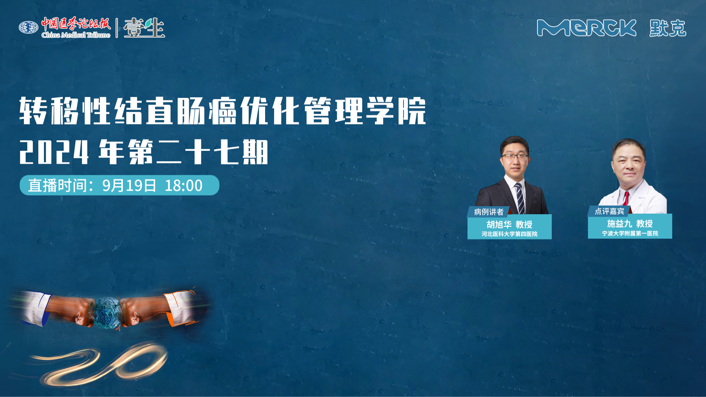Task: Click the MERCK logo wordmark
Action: pyautogui.click(x=586, y=28)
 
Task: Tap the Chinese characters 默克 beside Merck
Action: pyautogui.click(x=668, y=28)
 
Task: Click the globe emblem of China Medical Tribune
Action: pyautogui.click(x=28, y=28)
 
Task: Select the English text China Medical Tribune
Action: pyautogui.click(x=76, y=35)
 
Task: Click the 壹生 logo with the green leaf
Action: pyautogui.click(x=144, y=28)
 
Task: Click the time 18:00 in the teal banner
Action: pyautogui.click(x=184, y=185)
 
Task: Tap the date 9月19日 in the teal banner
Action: pyautogui.click(x=129, y=185)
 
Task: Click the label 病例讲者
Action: pyautogui.click(x=489, y=212)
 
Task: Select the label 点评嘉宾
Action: pyautogui.click(x=609, y=211)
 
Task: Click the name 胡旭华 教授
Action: pyautogui.click(x=509, y=224)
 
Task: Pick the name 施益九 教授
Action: pyautogui.click(x=630, y=224)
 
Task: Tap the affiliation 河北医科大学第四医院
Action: pyautogui.click(x=509, y=234)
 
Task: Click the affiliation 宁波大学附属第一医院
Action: pyautogui.click(x=630, y=233)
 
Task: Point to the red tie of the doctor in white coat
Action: pyautogui.click(x=626, y=198)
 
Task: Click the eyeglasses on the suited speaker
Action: pyautogui.click(x=515, y=156)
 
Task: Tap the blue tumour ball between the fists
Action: pyautogui.click(x=107, y=313)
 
